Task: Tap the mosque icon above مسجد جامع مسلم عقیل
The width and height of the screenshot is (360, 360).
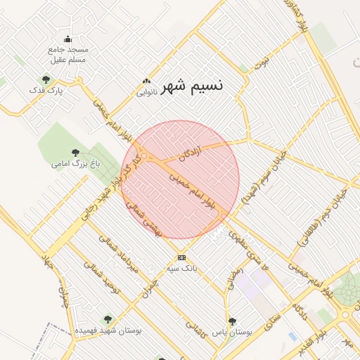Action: pyautogui.click(x=67, y=39)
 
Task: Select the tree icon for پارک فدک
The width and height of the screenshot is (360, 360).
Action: pyautogui.click(x=46, y=79)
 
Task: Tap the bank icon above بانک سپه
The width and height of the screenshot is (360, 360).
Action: pyautogui.click(x=181, y=257)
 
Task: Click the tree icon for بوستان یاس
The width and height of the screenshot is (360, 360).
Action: pyautogui.click(x=232, y=321)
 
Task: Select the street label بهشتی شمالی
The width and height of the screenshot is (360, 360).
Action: pyautogui.click(x=148, y=222)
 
